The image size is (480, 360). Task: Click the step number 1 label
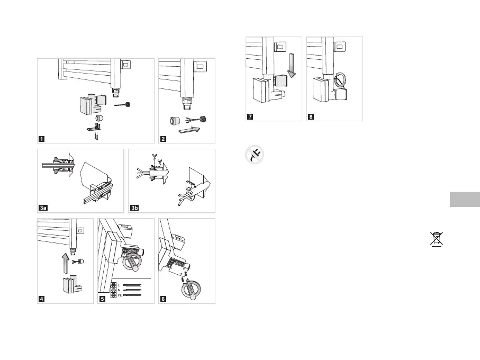click(41, 139)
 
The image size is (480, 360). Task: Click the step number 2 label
click(164, 139)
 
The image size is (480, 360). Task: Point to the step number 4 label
click(41, 299)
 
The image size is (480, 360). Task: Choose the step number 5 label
click(103, 299)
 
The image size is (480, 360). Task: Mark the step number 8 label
click(311, 116)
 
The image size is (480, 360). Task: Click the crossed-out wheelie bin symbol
click(437, 239)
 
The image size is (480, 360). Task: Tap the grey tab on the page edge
click(464, 200)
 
